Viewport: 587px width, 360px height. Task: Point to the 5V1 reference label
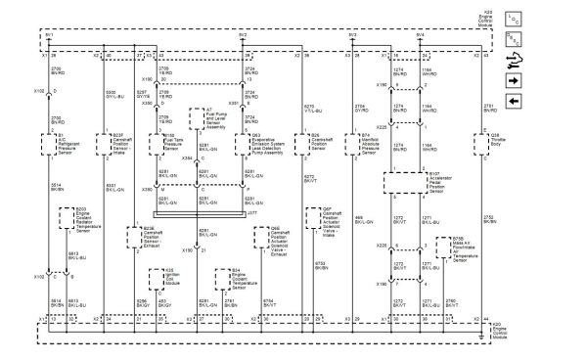(49, 35)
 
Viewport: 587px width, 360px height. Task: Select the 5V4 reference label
(420, 35)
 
